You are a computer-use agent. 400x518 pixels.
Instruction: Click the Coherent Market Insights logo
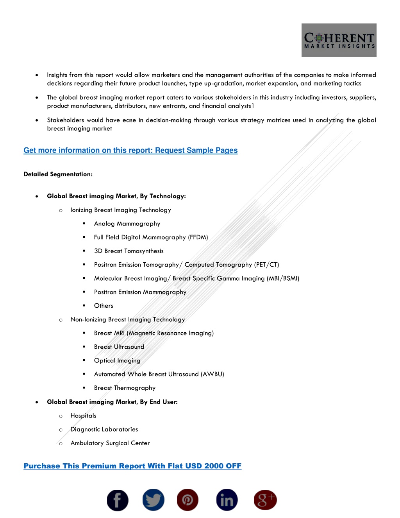pos(339,40)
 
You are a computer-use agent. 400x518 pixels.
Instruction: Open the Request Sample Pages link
pos(130,151)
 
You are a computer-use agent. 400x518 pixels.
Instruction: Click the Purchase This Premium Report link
pos(132,466)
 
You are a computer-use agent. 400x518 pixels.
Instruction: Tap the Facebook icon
pos(118,500)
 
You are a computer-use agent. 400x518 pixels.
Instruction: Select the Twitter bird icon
pos(153,500)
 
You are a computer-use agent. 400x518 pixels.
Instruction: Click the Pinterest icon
pos(187,500)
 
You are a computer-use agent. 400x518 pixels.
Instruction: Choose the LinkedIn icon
pos(227,500)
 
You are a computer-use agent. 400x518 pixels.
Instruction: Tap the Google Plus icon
pos(265,500)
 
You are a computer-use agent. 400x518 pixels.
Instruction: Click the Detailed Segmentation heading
pos(58,174)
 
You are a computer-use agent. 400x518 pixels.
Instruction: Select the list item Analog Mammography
pos(127,224)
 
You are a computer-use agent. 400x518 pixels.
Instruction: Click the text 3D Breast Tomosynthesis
pos(129,251)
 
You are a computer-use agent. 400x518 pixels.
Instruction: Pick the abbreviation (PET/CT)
pos(266,265)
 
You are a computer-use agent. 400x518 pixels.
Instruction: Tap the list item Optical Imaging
pos(117,360)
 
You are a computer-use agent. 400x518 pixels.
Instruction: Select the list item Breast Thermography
pos(125,388)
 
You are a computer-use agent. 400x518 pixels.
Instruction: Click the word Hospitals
pos(83,416)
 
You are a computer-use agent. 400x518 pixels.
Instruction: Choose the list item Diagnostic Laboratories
pos(104,429)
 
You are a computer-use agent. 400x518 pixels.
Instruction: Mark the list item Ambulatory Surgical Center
pos(110,443)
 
